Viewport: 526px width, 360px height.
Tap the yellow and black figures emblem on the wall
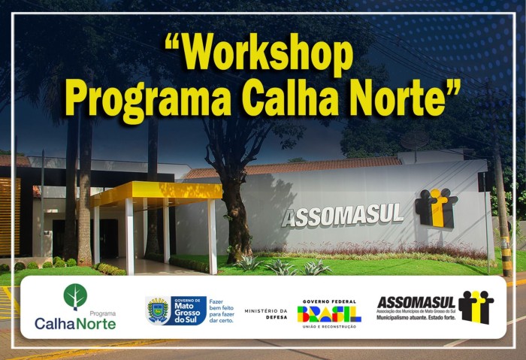click(x=436, y=207)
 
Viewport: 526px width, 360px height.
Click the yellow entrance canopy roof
click(x=156, y=192)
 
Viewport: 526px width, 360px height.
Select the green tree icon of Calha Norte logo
click(x=75, y=296)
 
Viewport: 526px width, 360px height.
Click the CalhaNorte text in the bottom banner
click(x=75, y=324)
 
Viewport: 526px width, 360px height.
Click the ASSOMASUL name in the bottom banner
click(x=416, y=302)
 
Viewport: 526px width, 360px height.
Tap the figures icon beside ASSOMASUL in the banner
click(x=476, y=307)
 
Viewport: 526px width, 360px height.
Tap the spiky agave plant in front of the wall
click(x=248, y=263)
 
